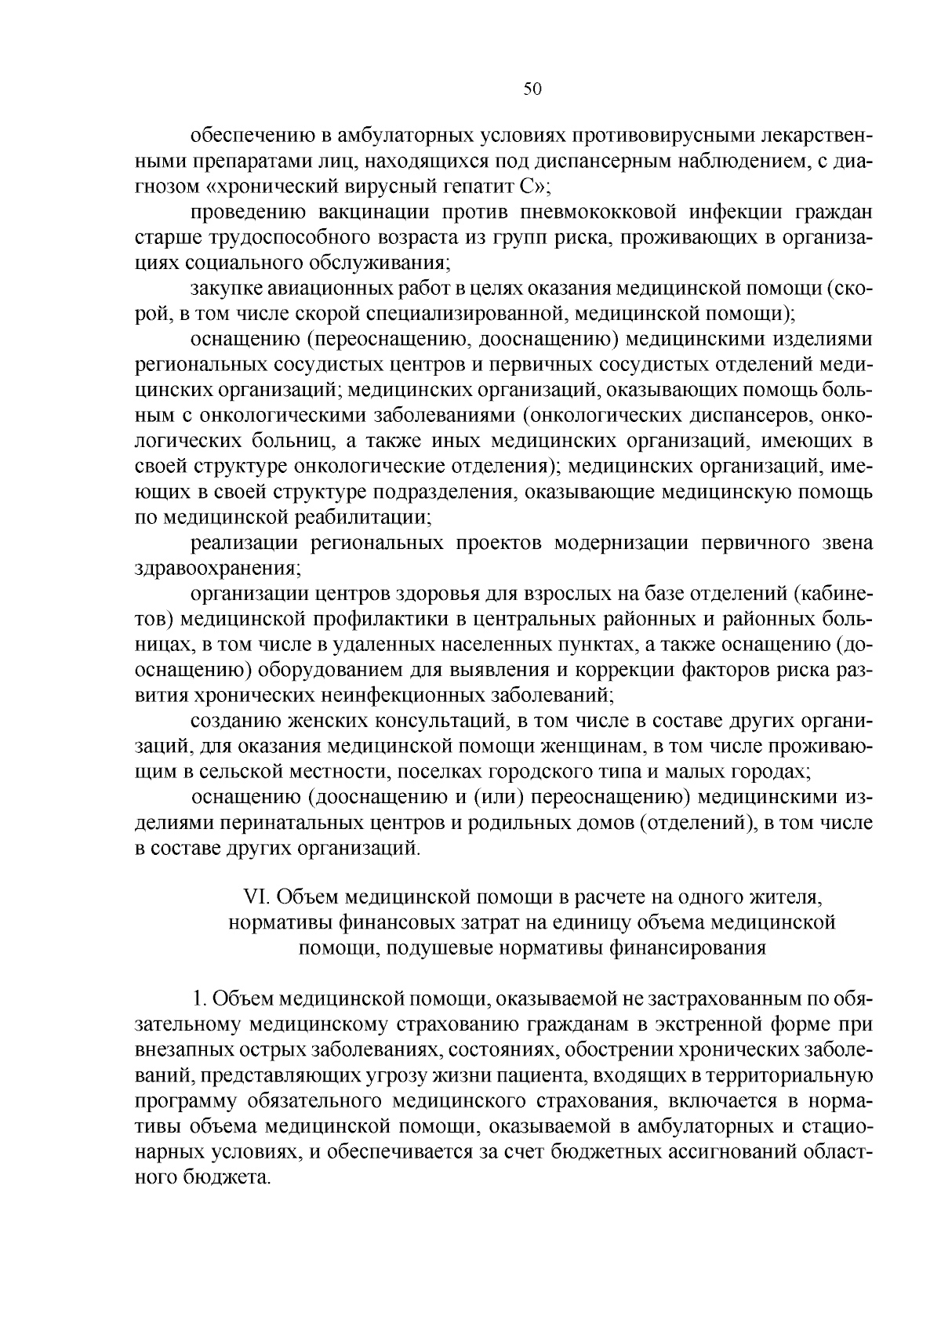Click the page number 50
[x=532, y=89]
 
